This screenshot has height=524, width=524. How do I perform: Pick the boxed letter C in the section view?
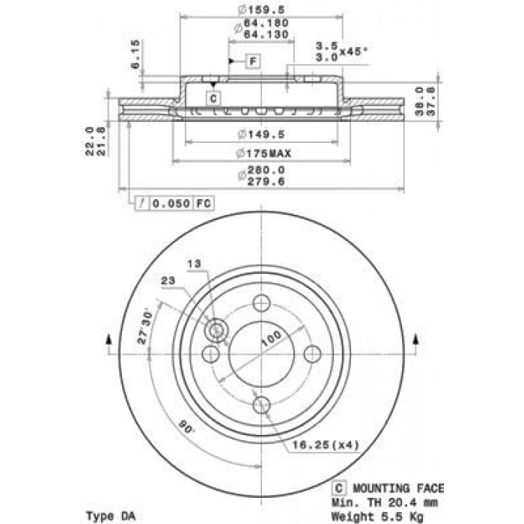[213, 97]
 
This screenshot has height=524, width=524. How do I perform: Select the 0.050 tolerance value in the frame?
[171, 203]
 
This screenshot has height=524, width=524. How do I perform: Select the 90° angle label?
[185, 429]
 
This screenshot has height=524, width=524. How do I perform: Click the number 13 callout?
[194, 263]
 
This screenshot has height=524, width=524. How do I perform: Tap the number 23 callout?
[168, 280]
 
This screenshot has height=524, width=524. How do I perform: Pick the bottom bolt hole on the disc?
[261, 405]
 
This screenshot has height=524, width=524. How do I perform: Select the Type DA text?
[113, 516]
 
